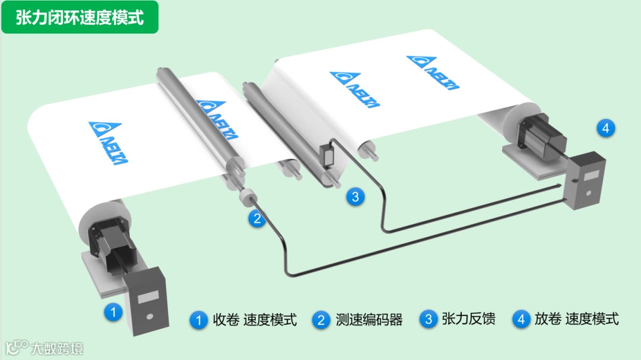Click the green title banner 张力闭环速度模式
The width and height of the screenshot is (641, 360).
80,17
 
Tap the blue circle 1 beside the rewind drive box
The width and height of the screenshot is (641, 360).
113,313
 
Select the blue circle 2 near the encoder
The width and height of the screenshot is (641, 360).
257,219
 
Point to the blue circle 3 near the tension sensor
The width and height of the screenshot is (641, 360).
356,196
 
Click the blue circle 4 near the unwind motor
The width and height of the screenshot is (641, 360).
606,128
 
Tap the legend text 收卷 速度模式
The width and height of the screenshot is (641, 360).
255,319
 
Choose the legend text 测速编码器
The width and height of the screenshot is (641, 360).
369,319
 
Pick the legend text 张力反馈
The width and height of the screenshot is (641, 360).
468,318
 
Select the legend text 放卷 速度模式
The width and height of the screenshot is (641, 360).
577,318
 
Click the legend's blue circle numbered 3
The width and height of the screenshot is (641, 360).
429,319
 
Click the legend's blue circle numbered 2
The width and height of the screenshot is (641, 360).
321,320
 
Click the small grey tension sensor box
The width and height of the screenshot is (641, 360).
328,155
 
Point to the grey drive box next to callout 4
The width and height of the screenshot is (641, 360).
585,180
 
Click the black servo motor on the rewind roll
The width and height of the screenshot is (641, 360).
112,245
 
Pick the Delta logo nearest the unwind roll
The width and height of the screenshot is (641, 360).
433,72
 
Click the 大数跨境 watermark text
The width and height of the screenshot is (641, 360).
57,349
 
